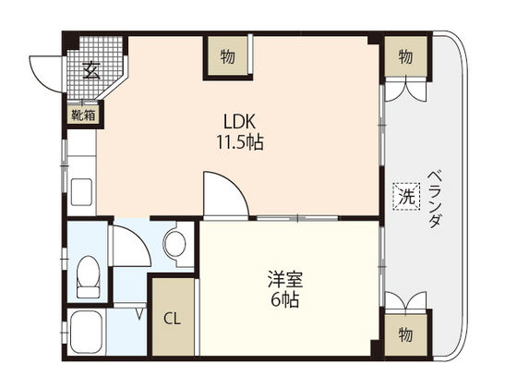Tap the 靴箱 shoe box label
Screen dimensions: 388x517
pyautogui.click(x=83, y=115)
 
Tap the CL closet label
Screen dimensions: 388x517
pyautogui.click(x=173, y=320)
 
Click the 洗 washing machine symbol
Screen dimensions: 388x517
pyautogui.click(x=405, y=195)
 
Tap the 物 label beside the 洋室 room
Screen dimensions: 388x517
pyautogui.click(x=405, y=332)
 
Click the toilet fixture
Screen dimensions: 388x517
pyautogui.click(x=89, y=275)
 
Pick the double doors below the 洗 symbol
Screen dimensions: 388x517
pyautogui.click(x=405, y=304)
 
